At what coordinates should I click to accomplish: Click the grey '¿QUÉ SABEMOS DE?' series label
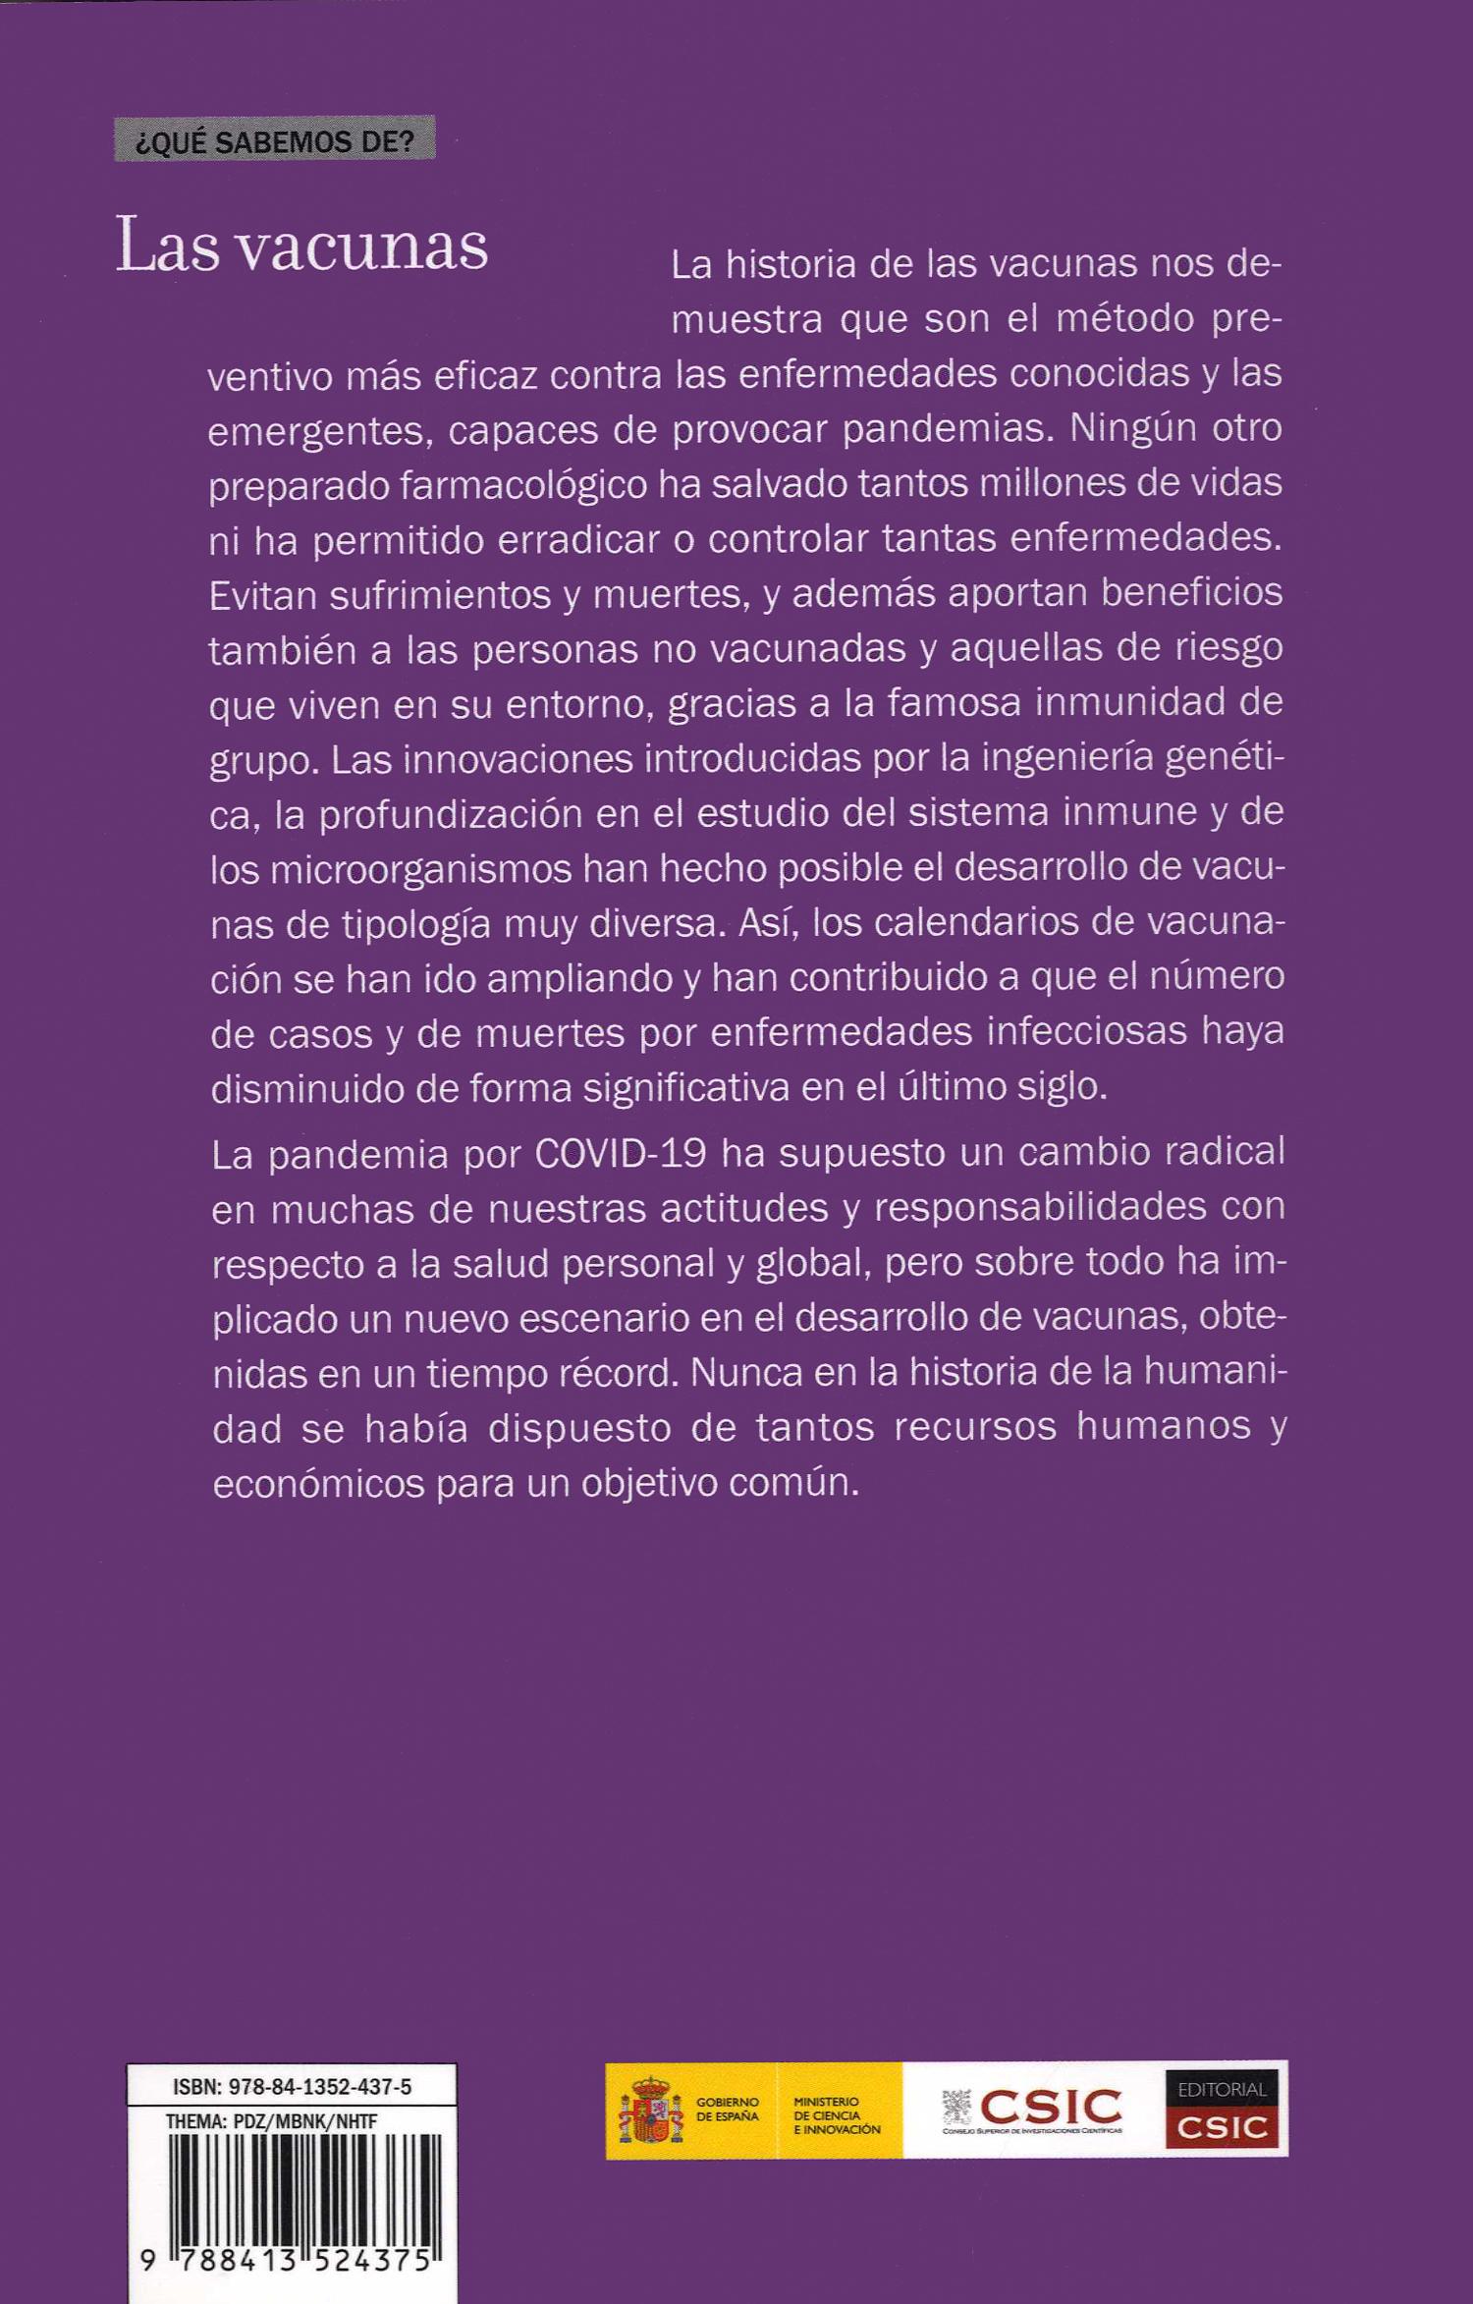click(x=274, y=141)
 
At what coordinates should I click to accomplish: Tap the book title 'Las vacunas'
click(x=302, y=246)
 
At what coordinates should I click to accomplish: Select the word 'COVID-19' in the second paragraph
click(x=620, y=1153)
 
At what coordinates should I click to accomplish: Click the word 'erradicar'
click(x=590, y=539)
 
